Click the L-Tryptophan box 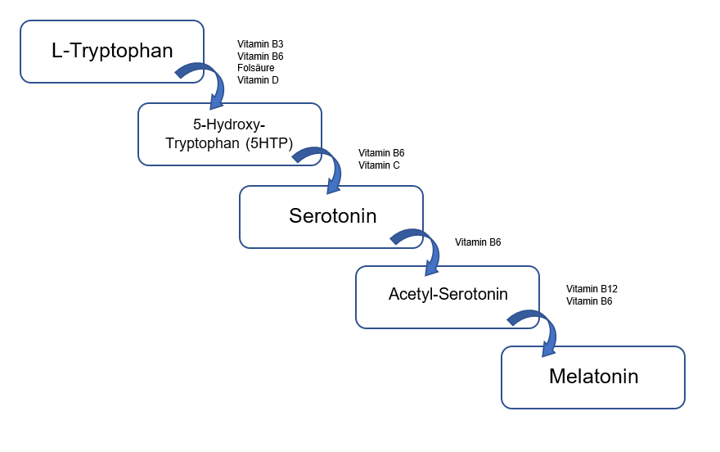click(112, 52)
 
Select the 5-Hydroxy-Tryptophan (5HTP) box click(230, 134)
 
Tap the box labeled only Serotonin click(331, 216)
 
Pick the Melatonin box click(592, 377)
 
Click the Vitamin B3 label click(260, 43)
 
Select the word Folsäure click(256, 68)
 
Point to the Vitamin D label click(258, 80)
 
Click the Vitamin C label click(379, 165)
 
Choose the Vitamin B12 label click(592, 289)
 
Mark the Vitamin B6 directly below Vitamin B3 click(260, 56)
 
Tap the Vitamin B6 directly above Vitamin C click(381, 153)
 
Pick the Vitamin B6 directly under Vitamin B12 click(589, 301)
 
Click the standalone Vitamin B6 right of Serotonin click(478, 242)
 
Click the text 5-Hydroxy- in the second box click(229, 125)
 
